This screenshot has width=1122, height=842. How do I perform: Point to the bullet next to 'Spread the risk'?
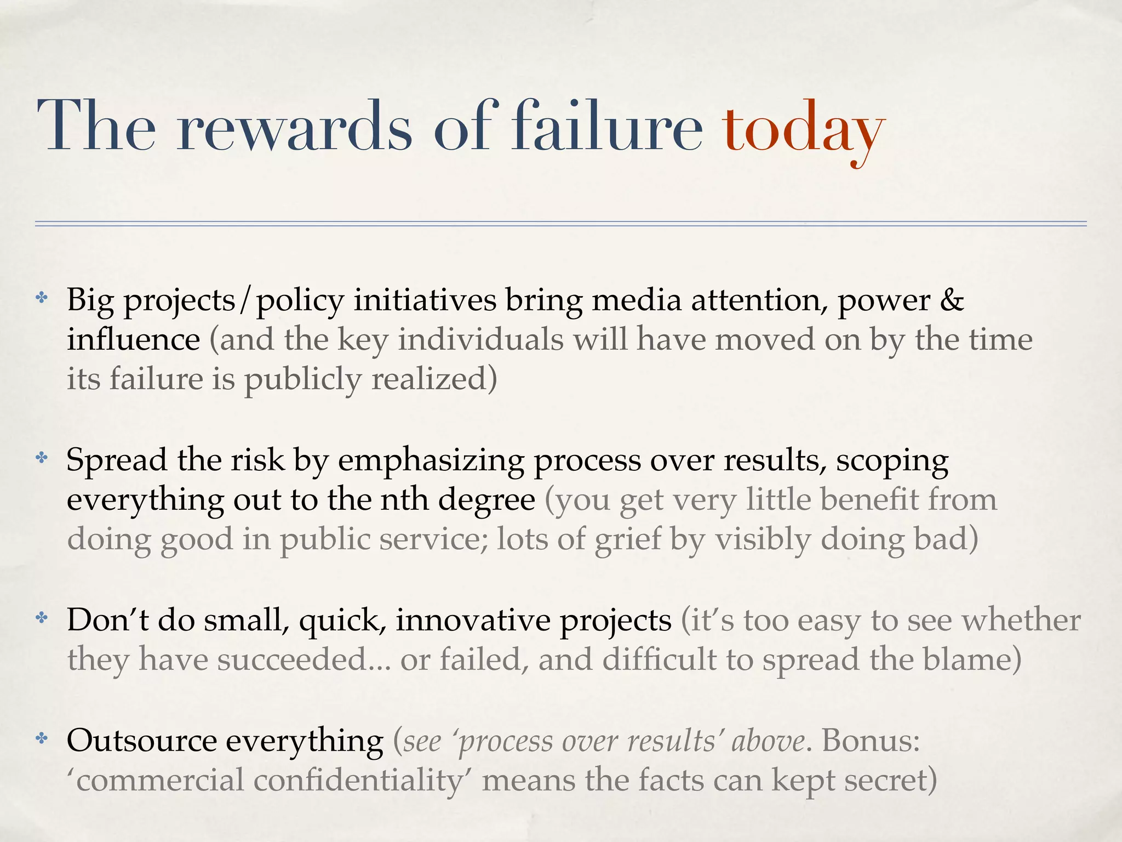coord(42,458)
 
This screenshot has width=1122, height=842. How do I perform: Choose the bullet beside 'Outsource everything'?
coord(42,739)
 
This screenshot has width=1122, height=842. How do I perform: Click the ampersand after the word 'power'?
coord(952,300)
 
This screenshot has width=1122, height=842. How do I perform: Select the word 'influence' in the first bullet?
coord(134,339)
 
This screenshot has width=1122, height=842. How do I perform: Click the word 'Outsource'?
coord(142,741)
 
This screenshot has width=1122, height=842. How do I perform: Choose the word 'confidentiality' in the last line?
coord(358,781)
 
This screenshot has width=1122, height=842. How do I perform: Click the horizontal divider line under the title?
coord(560,224)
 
